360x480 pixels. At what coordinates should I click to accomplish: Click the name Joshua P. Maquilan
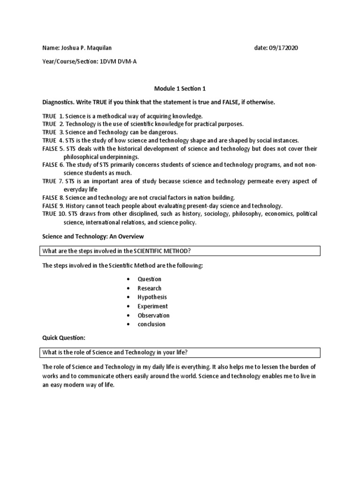click(x=86, y=48)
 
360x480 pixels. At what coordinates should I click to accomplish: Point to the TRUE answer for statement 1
click(x=49, y=115)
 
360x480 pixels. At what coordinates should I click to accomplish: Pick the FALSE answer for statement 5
click(x=50, y=149)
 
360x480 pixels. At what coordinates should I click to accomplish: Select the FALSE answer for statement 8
click(x=50, y=198)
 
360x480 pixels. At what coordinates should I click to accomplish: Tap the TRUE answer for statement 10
click(x=49, y=214)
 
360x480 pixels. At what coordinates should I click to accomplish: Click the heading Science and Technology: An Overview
click(x=93, y=236)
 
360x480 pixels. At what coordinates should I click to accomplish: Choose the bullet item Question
click(x=149, y=279)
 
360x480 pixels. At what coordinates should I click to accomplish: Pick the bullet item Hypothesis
click(x=152, y=297)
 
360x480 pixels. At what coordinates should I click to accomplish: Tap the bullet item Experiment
click(x=152, y=306)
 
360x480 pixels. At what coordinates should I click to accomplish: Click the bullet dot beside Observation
click(x=128, y=315)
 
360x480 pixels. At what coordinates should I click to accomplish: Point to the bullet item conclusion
click(x=151, y=324)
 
